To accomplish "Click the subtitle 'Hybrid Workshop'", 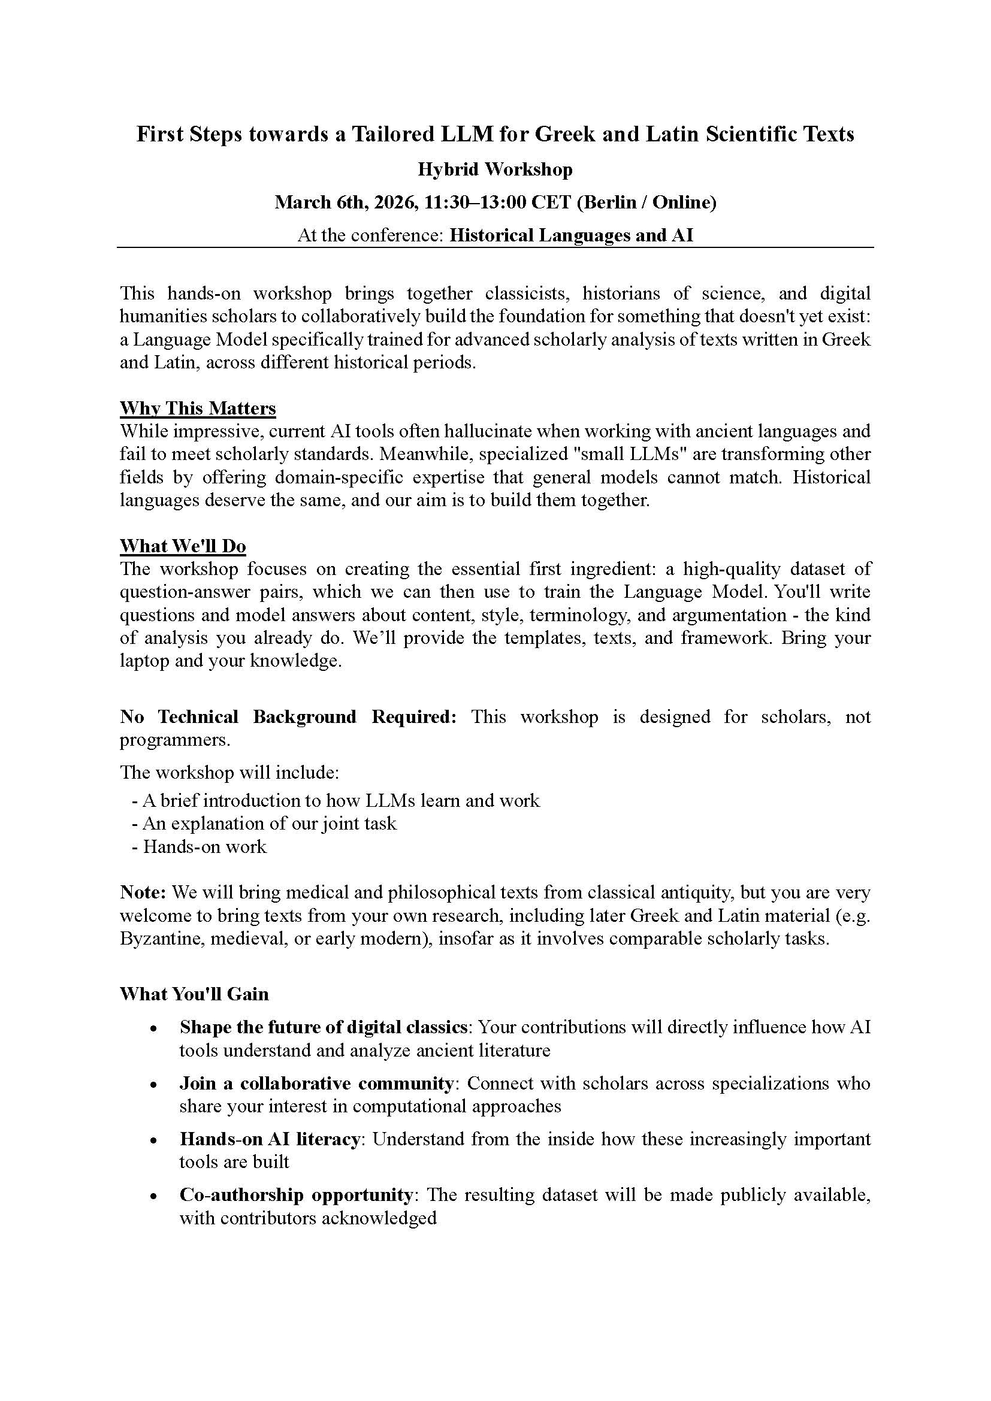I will click(x=495, y=169).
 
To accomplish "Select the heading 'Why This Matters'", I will click(x=198, y=409).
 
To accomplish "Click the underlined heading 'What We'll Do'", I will click(x=183, y=546).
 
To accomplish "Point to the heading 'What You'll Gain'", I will click(x=194, y=994).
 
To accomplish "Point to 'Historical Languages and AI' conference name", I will click(x=571, y=235).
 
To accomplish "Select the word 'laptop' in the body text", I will click(x=144, y=661).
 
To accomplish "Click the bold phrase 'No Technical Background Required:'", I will click(x=288, y=717).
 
